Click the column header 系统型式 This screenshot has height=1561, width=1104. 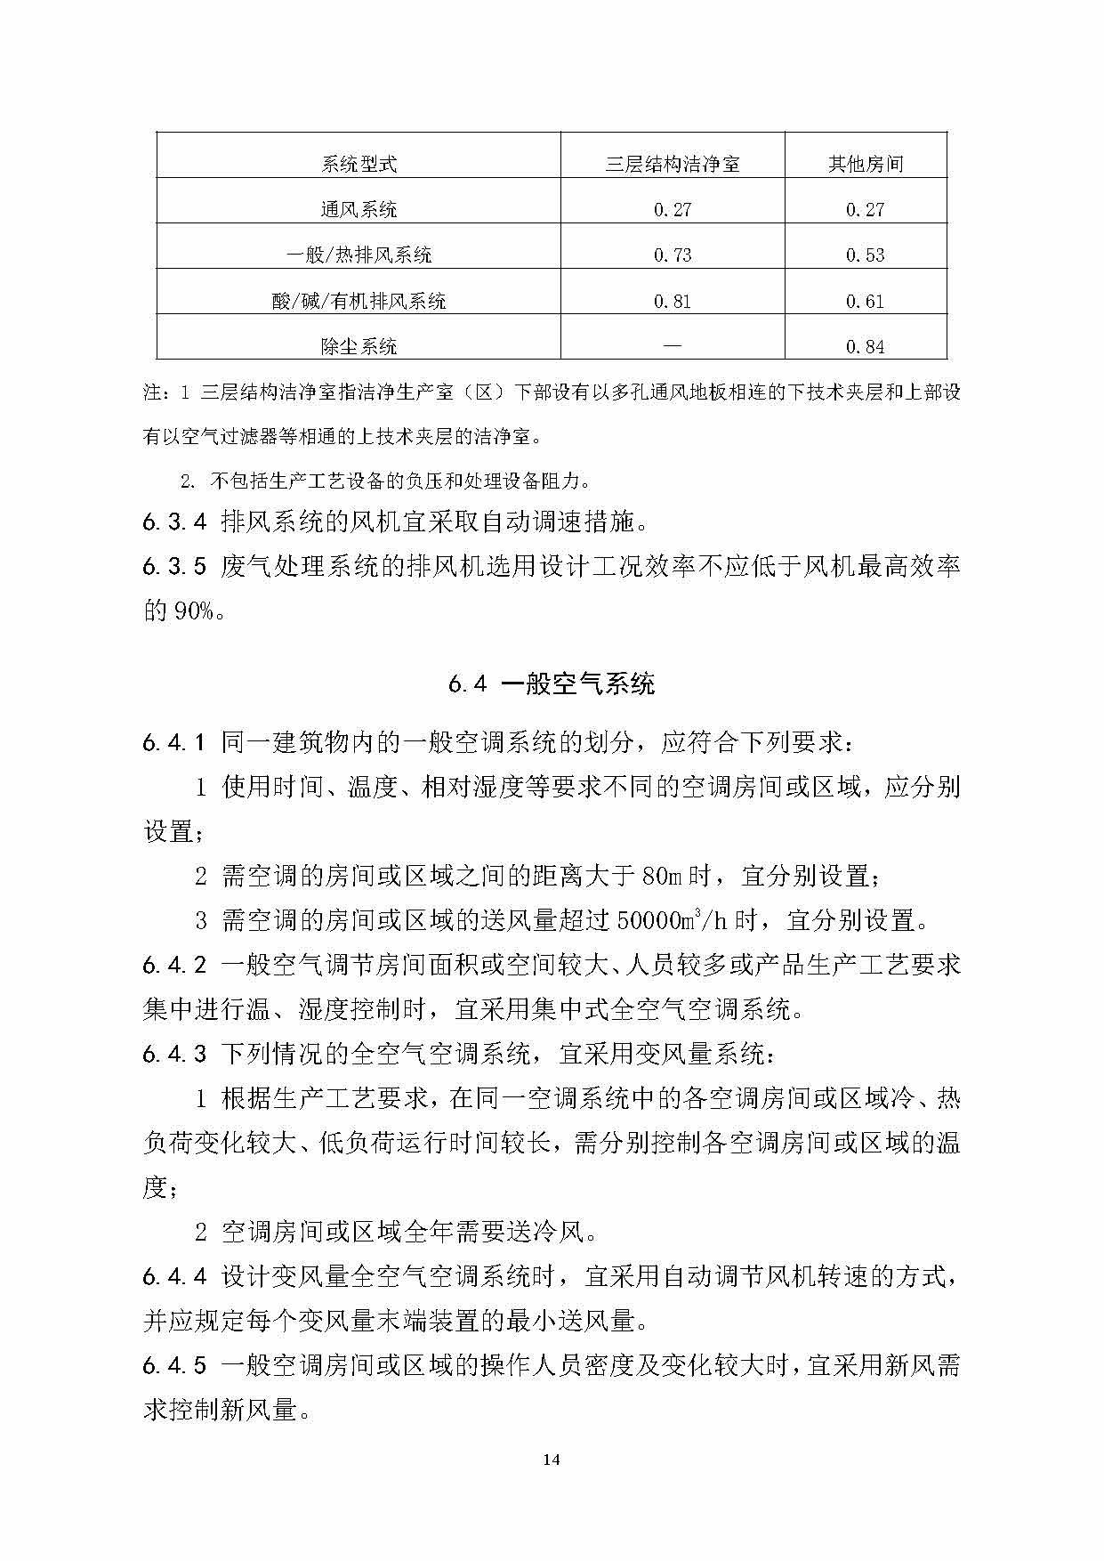(x=359, y=164)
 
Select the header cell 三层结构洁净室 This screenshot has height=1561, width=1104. (x=673, y=164)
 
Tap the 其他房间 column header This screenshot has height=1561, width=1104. (x=866, y=164)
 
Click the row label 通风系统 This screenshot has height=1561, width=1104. (x=359, y=210)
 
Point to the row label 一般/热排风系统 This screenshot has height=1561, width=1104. (x=359, y=255)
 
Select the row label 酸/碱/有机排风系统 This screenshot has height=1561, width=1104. (x=359, y=301)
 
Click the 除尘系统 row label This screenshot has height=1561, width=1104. (x=359, y=346)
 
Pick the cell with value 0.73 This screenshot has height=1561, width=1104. (x=673, y=255)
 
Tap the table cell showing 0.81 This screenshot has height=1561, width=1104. (x=673, y=301)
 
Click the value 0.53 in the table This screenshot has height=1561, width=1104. (x=866, y=255)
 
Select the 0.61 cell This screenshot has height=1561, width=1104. (x=866, y=301)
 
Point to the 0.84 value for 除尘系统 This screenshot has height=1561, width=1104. (x=866, y=346)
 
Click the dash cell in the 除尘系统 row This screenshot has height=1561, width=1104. (x=673, y=345)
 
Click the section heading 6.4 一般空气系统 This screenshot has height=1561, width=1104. (x=552, y=683)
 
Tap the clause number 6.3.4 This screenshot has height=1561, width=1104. (x=174, y=522)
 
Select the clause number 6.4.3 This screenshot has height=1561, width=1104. (x=174, y=1055)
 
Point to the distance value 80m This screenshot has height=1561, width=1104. (x=660, y=877)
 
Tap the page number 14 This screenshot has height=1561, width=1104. (x=552, y=1459)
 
